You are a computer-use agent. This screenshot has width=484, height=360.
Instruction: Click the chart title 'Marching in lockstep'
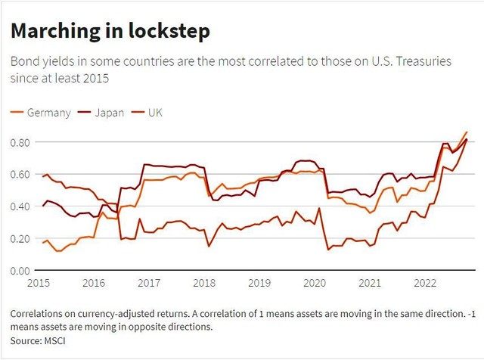pos(109,33)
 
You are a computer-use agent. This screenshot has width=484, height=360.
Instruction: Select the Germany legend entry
pos(48,113)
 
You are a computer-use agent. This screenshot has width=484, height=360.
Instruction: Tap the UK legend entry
pos(155,113)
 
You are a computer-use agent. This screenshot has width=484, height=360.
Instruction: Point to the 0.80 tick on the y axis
pos(20,142)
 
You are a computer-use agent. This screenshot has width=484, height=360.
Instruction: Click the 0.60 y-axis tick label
pos(20,174)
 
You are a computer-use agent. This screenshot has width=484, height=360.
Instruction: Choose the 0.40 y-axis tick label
pos(20,206)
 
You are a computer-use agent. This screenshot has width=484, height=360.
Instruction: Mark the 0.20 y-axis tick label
pos(20,238)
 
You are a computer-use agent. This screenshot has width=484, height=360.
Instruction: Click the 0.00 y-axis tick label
pos(20,270)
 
